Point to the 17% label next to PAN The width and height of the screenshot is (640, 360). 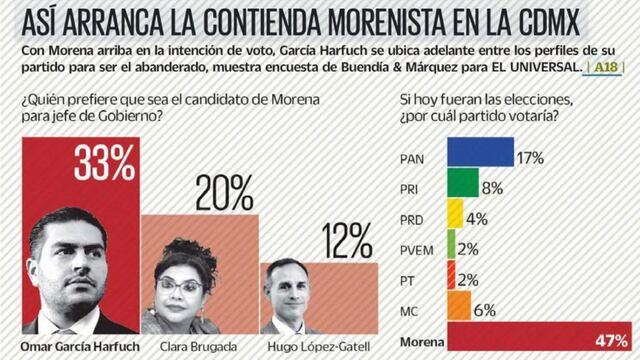529,156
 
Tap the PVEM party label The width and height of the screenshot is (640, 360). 414,249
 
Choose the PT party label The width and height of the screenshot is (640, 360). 407,280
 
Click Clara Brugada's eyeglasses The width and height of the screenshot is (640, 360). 181,284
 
